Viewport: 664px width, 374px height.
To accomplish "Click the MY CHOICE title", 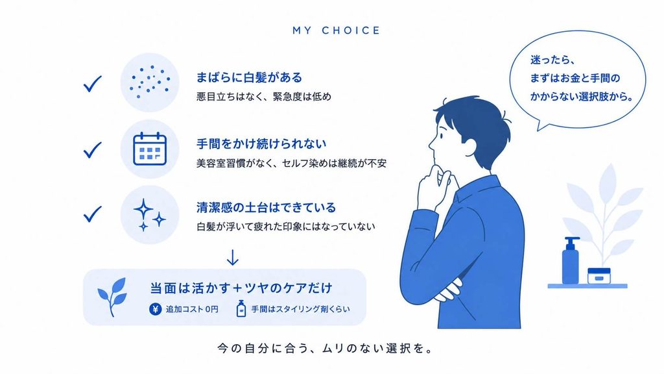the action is click(x=337, y=31).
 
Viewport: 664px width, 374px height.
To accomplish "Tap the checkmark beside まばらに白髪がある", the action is click(x=92, y=84).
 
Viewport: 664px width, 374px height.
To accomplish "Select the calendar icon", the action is click(x=150, y=149).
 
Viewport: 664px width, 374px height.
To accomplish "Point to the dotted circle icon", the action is click(x=150, y=82).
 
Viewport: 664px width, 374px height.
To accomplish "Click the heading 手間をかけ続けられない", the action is click(x=261, y=143).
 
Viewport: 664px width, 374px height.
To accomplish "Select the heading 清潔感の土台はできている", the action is click(x=266, y=207).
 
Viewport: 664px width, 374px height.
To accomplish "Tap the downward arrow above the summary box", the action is click(x=233, y=257).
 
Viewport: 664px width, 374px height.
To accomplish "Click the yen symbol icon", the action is click(x=156, y=309).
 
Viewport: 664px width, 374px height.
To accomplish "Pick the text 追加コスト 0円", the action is click(x=192, y=309).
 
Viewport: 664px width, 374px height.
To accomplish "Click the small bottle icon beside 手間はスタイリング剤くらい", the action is click(x=241, y=308).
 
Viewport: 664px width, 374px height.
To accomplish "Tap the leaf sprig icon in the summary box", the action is click(x=112, y=297).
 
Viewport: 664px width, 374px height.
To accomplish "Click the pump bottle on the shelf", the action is click(x=571, y=260).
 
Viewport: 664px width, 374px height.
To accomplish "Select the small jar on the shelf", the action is click(x=599, y=276).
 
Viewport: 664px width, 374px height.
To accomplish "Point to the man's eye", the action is click(x=441, y=136).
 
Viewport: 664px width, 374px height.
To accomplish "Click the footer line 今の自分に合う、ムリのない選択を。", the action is click(x=326, y=349).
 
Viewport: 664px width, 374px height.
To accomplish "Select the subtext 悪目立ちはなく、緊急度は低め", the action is click(x=264, y=97).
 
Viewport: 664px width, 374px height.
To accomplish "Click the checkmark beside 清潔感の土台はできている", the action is click(x=92, y=214).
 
